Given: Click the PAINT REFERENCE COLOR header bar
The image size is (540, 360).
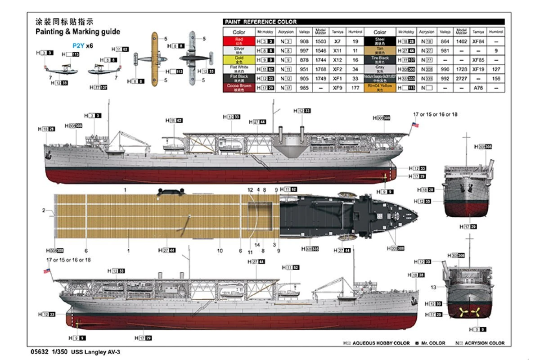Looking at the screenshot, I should [364, 22].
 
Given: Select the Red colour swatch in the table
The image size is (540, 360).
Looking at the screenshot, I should [239, 41].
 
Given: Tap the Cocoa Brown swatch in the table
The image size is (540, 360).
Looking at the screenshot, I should [239, 87].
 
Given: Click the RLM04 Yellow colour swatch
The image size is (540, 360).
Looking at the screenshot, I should [380, 87].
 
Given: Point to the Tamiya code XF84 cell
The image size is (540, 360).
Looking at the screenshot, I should [478, 41].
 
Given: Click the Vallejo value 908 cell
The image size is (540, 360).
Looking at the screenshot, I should [305, 41].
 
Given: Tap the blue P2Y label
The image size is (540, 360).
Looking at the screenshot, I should [78, 45].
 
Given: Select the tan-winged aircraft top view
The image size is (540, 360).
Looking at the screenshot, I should [154, 58].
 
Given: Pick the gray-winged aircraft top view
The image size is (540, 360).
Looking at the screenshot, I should [193, 58].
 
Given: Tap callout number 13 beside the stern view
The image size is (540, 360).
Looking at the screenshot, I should [433, 287].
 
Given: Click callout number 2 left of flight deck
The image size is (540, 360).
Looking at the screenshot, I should [44, 210].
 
